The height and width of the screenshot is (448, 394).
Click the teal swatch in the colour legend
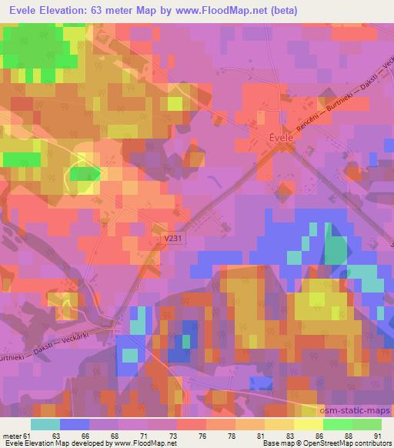click(x=45, y=423)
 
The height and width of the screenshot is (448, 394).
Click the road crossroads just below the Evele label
click(x=275, y=151)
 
